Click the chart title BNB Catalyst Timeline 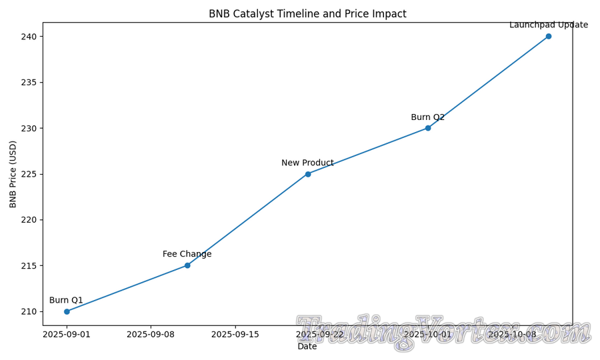[307, 14]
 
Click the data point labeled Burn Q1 [67, 311]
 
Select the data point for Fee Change [187, 265]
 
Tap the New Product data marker [308, 174]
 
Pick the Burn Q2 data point [428, 128]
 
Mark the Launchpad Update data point [549, 36]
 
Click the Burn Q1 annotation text [66, 300]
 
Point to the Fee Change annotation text [187, 254]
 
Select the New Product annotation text [307, 163]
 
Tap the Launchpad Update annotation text [549, 25]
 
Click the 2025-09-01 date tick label [67, 334]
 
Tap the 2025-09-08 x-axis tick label [151, 334]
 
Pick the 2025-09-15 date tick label [235, 334]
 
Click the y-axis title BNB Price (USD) [13, 174]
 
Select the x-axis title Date [307, 347]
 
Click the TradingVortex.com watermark [443, 332]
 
